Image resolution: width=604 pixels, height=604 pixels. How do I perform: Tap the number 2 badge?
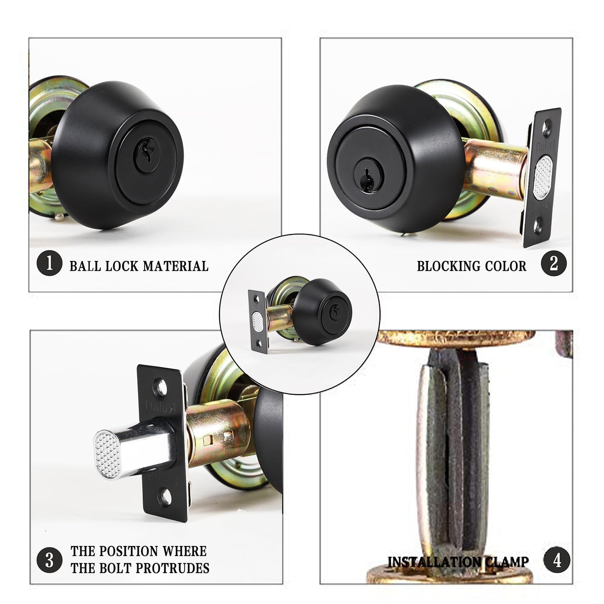click(553, 264)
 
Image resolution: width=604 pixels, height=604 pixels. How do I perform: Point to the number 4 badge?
click(557, 561)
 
